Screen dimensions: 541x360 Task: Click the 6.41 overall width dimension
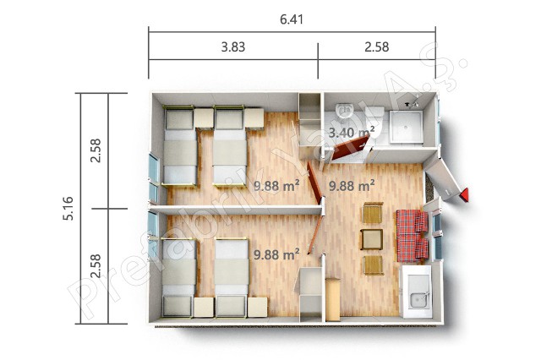292,19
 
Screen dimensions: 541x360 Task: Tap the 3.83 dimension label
233,46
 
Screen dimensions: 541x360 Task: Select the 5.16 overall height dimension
68,208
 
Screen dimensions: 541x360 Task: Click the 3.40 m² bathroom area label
352,132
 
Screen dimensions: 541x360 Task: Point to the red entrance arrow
464,195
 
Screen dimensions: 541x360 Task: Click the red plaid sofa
413,236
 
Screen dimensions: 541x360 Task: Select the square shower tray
406,127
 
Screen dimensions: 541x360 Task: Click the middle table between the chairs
372,239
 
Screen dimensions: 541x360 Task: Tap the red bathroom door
350,148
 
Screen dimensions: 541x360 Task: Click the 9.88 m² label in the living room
352,186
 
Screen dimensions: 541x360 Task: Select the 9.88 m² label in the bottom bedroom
276,254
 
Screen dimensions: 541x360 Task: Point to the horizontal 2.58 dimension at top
377,46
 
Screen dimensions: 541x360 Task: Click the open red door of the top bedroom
315,183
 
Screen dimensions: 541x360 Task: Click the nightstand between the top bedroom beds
204,118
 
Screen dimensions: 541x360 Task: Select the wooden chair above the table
373,213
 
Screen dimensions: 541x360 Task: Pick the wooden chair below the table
374,265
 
